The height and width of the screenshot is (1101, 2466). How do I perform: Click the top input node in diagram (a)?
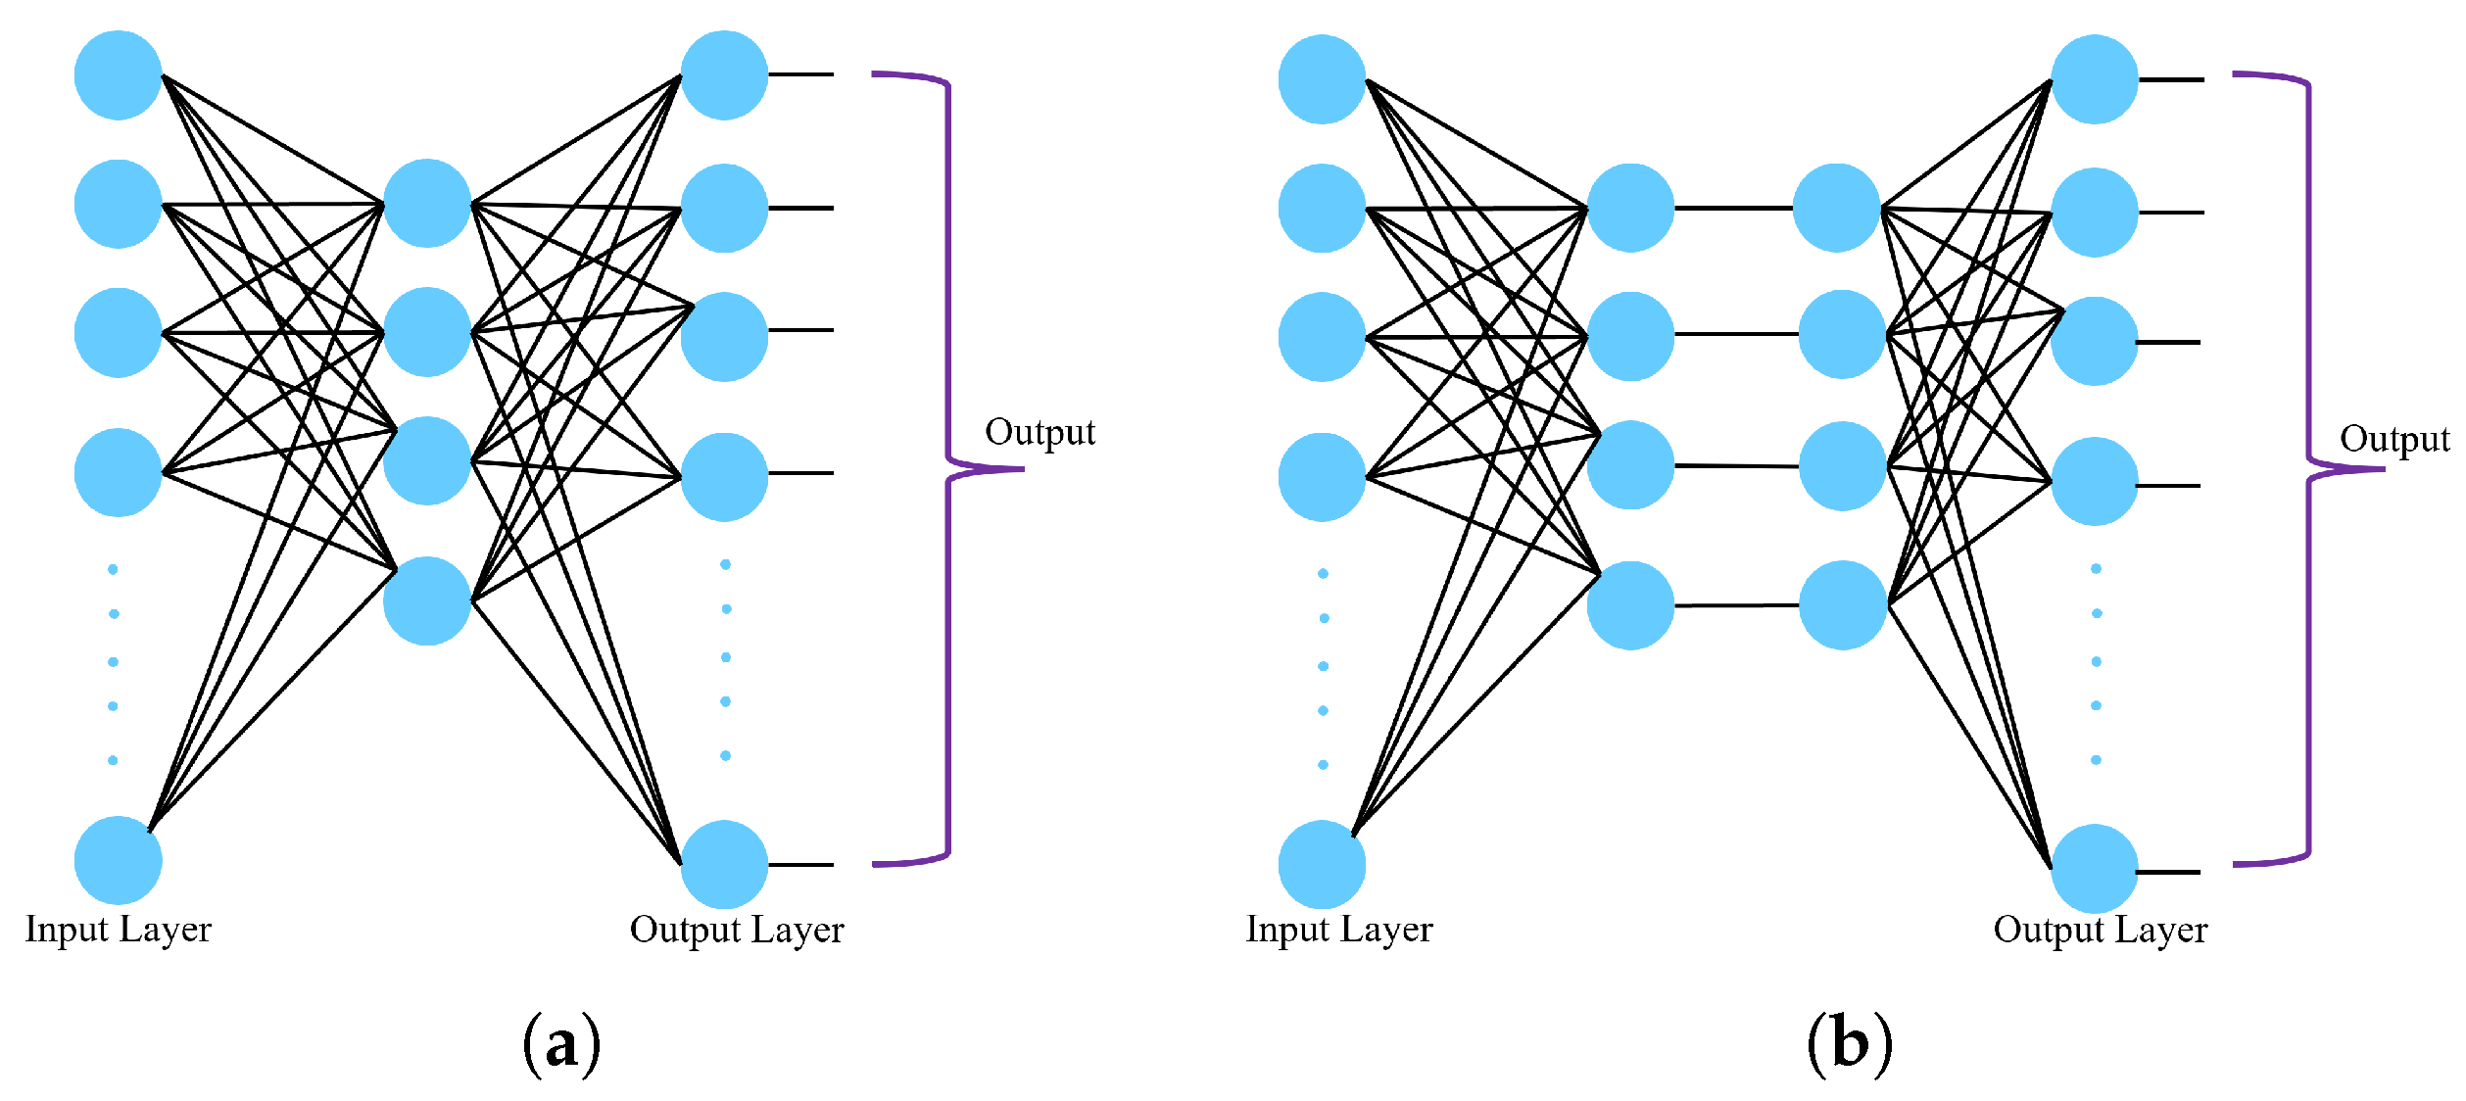[x=118, y=74]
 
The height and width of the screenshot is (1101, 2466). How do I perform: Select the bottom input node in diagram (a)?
[x=118, y=860]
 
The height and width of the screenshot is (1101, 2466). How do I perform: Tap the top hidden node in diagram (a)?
[x=427, y=203]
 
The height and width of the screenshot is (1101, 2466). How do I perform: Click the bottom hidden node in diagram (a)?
[x=427, y=600]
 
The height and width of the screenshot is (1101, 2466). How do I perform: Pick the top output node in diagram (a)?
[x=724, y=74]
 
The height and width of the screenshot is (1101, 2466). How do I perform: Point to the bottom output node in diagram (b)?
[x=2095, y=868]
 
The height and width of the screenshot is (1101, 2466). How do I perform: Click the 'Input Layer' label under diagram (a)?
[x=118, y=929]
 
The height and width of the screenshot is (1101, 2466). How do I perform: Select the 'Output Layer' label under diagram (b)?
[x=2100, y=929]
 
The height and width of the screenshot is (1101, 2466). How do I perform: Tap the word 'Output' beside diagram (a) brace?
[x=1040, y=432]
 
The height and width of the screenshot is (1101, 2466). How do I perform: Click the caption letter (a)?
[x=561, y=1046]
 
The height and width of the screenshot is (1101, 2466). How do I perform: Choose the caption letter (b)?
[x=1849, y=1044]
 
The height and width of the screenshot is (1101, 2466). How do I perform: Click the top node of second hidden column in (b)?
[x=1836, y=208]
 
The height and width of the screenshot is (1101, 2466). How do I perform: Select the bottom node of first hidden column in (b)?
[x=1630, y=605]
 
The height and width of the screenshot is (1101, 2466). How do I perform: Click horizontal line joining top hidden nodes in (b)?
[x=1733, y=208]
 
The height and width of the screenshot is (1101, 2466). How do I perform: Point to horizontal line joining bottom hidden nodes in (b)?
[x=1736, y=605]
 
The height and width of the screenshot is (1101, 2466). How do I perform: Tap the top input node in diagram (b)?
[x=1322, y=79]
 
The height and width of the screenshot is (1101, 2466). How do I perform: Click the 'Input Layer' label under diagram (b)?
[x=1338, y=929]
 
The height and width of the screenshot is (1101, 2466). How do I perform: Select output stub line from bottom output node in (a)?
[x=800, y=865]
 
